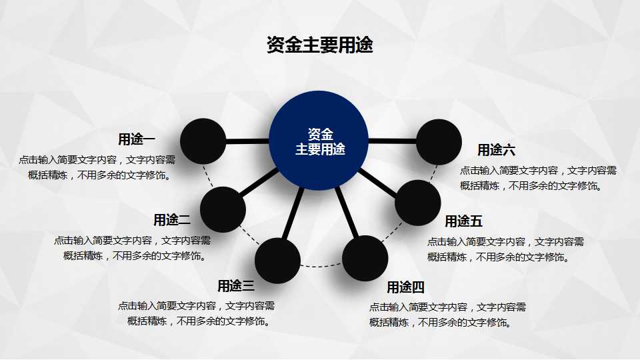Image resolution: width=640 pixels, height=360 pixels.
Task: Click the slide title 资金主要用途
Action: click(x=319, y=45)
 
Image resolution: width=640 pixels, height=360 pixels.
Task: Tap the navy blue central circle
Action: click(x=319, y=141)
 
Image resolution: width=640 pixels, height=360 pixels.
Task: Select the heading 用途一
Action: click(x=137, y=139)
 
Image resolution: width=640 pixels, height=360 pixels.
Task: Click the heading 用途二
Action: click(x=172, y=219)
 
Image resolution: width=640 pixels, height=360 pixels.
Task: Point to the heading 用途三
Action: click(x=236, y=286)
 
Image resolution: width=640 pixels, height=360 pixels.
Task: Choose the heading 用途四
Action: click(x=405, y=287)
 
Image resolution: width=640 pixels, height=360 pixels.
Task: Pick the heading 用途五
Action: click(x=463, y=221)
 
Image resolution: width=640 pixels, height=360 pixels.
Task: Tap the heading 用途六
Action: click(x=496, y=150)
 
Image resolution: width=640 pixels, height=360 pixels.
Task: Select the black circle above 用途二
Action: click(x=223, y=209)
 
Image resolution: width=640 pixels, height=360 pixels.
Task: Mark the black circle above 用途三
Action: click(x=277, y=260)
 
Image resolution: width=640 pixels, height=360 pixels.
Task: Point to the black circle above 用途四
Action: click(x=365, y=258)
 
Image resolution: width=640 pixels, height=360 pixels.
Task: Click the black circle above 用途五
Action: click(x=418, y=203)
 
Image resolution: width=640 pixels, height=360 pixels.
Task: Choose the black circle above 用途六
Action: click(x=439, y=142)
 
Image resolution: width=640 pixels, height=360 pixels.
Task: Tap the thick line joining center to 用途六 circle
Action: click(x=392, y=141)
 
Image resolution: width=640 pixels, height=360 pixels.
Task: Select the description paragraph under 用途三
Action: click(x=197, y=313)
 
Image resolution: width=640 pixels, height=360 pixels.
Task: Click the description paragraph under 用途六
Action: click(x=538, y=178)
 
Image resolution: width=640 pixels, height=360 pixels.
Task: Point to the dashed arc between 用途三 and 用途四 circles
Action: click(x=321, y=267)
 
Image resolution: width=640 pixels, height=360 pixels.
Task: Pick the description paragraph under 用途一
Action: click(x=97, y=167)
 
